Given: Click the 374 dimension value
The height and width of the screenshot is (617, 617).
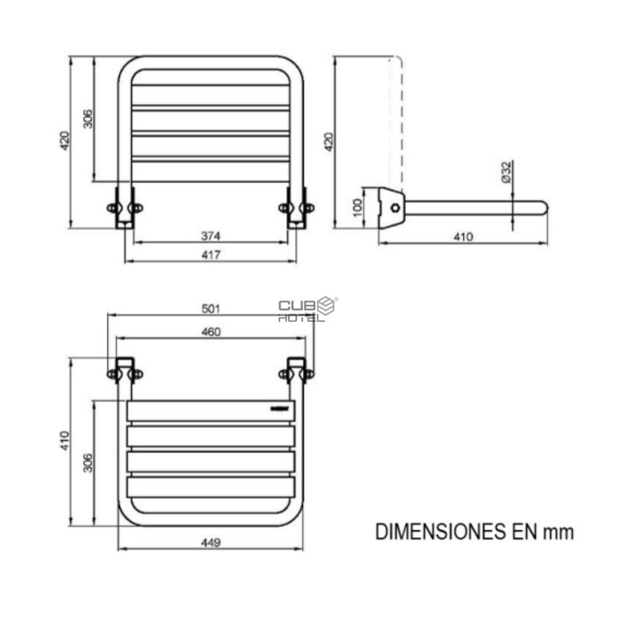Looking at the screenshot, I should click(210, 236).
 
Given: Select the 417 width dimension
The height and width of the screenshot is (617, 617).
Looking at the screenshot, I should click(210, 255).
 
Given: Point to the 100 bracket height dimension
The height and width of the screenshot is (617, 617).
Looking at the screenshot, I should click(358, 207).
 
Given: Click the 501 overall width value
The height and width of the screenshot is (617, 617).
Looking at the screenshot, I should click(210, 308).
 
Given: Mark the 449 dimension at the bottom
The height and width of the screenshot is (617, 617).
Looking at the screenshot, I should click(210, 543).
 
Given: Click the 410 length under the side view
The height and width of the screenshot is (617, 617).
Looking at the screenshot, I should click(462, 237).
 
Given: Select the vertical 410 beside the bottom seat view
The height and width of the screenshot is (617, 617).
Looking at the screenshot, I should click(64, 442).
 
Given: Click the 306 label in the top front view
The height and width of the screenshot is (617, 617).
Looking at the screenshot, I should click(88, 118).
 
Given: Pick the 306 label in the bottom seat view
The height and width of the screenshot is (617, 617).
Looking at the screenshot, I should click(88, 462).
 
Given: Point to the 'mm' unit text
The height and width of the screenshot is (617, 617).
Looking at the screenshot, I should click(558, 532).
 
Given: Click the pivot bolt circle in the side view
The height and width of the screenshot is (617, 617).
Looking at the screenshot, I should click(395, 208).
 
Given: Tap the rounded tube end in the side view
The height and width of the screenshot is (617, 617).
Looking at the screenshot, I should click(542, 208).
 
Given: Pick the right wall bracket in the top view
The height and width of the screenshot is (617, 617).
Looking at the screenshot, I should click(296, 208).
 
